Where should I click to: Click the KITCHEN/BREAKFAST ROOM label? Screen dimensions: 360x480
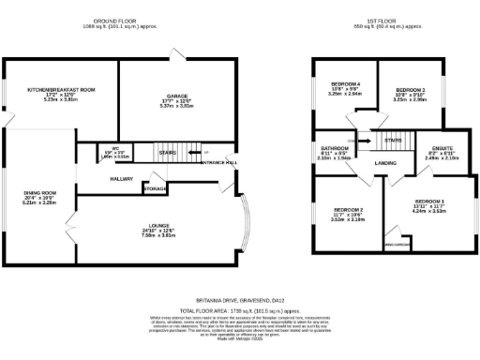pos(61,90)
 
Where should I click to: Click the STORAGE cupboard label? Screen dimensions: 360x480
pos(155,189)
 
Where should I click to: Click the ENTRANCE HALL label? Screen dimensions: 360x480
pos(219,162)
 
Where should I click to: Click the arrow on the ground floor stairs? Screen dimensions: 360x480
pos(200,153)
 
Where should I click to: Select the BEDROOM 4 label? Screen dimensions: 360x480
pos(345,86)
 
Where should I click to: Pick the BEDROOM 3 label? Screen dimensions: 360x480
pos(411,90)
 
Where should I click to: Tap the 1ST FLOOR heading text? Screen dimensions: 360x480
pos(383,21)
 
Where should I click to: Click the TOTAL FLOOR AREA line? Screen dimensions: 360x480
pos(240,309)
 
